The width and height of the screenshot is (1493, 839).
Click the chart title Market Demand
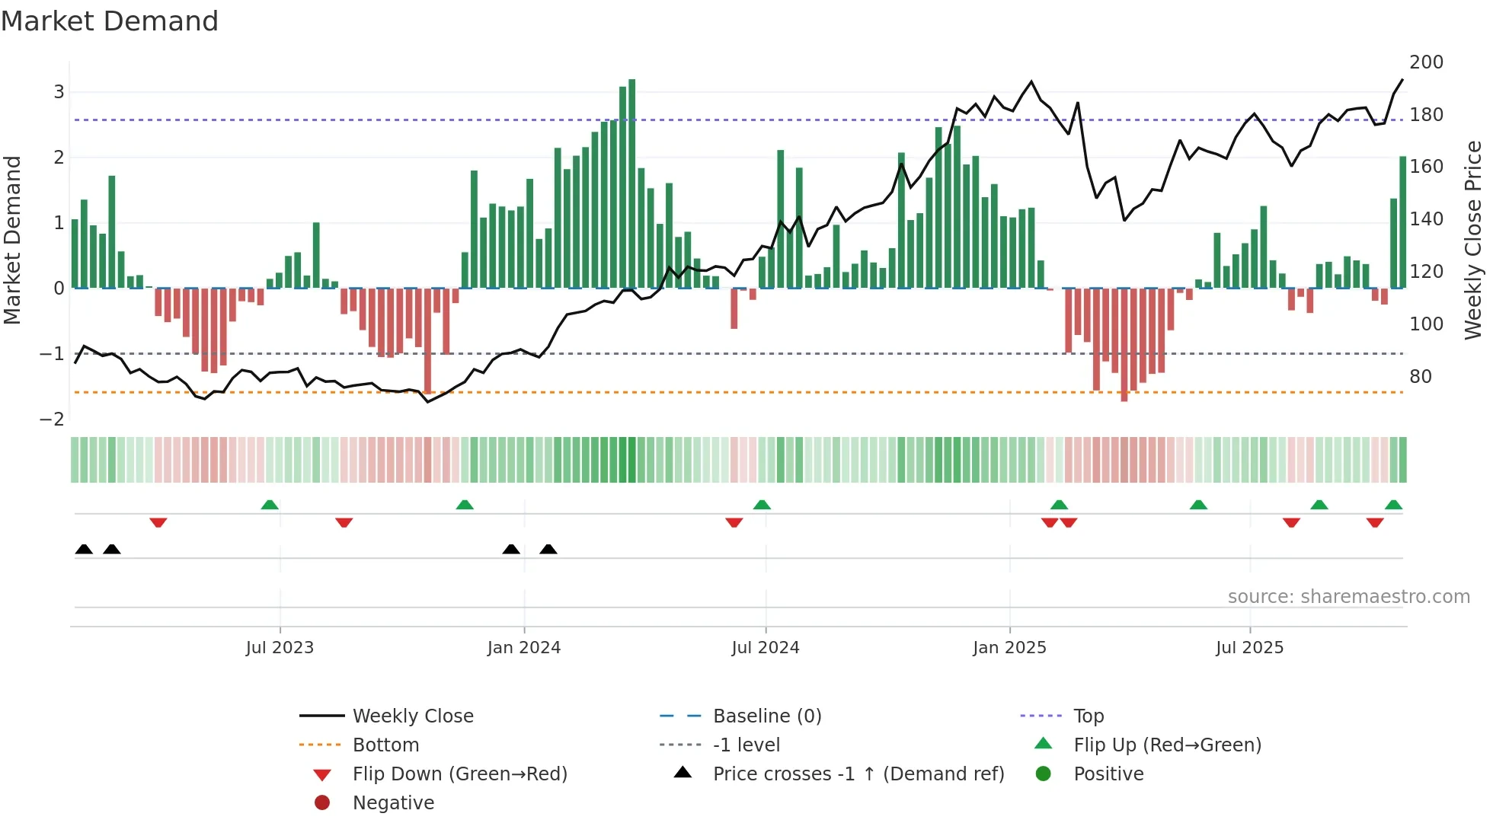tap(110, 21)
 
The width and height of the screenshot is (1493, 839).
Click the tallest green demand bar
tap(631, 183)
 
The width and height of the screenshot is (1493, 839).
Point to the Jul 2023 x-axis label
tap(280, 648)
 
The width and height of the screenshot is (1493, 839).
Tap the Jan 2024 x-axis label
tap(524, 648)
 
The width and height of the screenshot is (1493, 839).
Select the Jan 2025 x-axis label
tap(1009, 648)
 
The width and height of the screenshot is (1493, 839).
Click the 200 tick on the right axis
tap(1426, 62)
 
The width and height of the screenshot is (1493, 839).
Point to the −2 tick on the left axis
tap(52, 419)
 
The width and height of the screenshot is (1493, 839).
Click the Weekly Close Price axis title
tap(1473, 240)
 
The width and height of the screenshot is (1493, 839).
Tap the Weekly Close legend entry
tap(412, 716)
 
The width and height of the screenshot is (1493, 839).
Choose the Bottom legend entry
tap(385, 745)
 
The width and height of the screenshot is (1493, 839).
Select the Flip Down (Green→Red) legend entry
tap(459, 774)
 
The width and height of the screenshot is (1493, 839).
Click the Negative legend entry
tap(393, 803)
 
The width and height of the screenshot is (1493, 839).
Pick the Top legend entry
tap(1088, 716)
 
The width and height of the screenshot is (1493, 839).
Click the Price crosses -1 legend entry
tap(858, 774)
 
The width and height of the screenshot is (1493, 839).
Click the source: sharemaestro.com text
tap(1348, 597)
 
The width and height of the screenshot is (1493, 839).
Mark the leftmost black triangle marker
tap(84, 550)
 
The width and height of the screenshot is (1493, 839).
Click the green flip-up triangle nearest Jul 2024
tap(762, 505)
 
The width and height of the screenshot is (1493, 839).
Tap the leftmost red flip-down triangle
tap(158, 522)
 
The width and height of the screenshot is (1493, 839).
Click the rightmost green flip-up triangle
tap(1393, 505)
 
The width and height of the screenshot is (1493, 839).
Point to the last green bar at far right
tap(1402, 221)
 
